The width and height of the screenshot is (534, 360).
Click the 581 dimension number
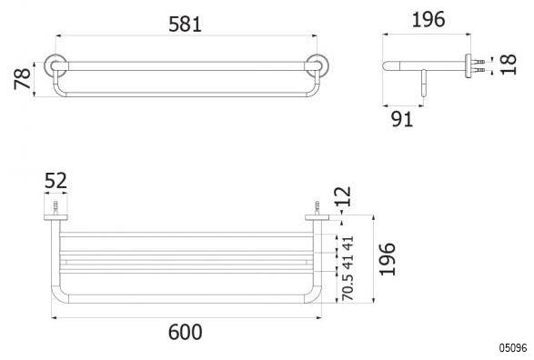[x=185, y=25]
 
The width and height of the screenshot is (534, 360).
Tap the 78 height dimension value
[x=23, y=78]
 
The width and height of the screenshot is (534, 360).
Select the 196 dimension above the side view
[x=428, y=19]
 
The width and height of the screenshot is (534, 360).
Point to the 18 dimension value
[x=509, y=64]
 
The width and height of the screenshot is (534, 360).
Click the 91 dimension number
[x=402, y=119]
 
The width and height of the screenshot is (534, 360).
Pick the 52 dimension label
[x=55, y=181]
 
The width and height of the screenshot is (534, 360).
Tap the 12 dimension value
[x=343, y=196]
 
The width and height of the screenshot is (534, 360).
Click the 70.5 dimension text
[x=348, y=287]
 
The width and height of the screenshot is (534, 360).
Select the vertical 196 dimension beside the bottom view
[x=388, y=259]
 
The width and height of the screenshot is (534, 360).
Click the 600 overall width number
[x=185, y=332]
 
